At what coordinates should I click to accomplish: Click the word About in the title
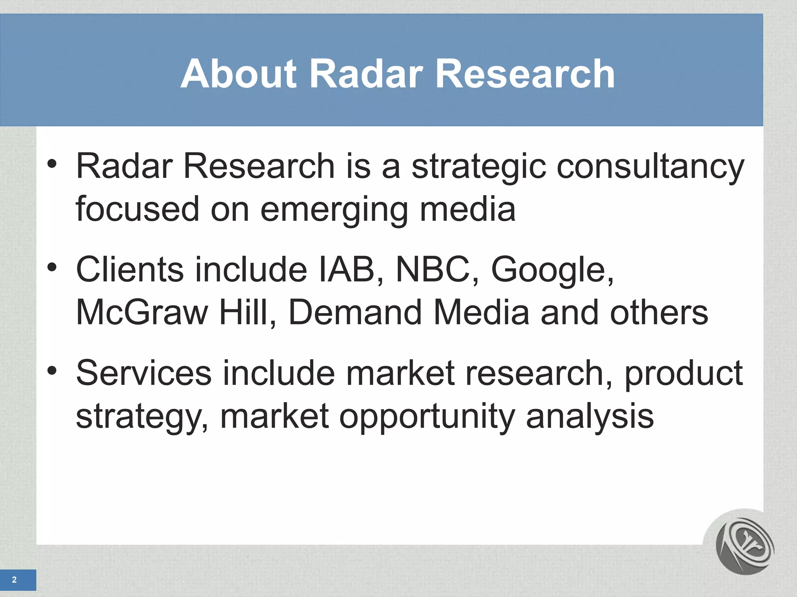[239, 74]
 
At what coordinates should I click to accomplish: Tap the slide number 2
[14, 580]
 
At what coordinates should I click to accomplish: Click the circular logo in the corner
[744, 546]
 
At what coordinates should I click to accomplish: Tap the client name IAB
[351, 269]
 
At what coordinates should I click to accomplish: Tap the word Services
[144, 373]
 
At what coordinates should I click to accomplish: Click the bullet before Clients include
[52, 267]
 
